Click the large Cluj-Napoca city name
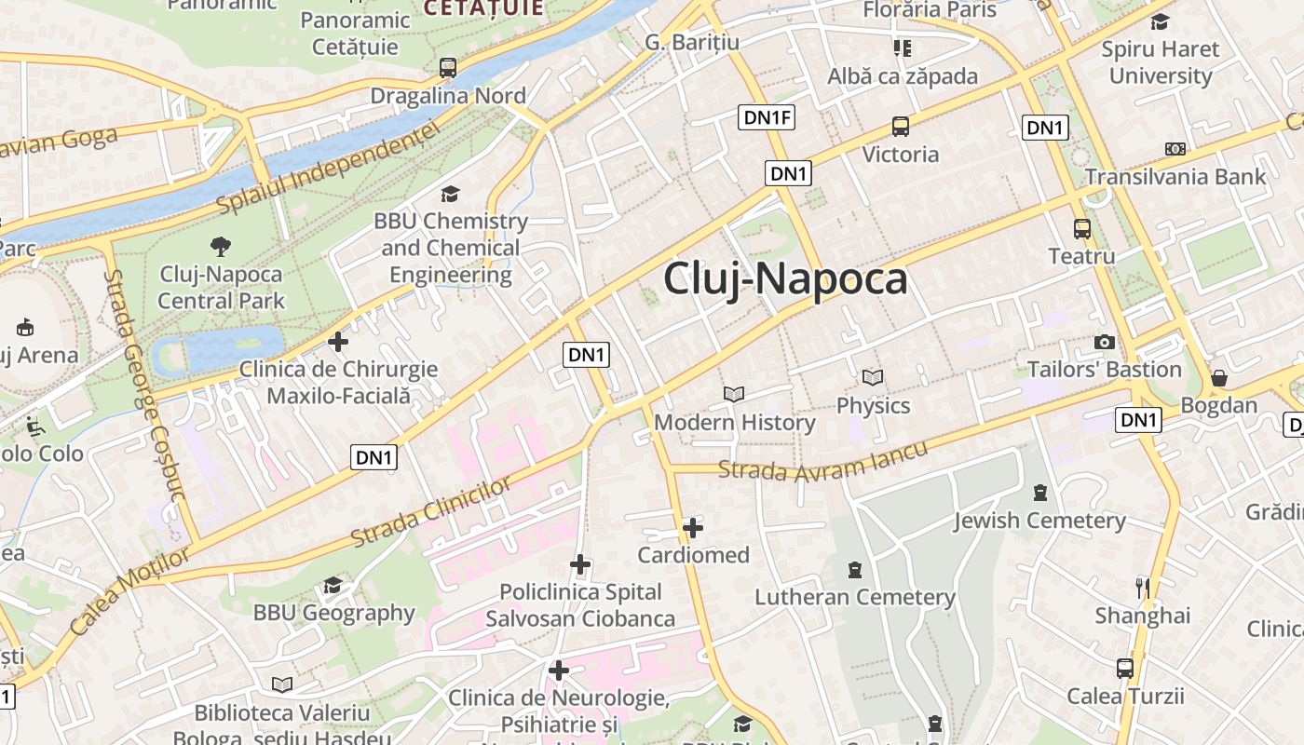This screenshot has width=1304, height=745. tap(784, 279)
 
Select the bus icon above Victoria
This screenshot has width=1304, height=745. tap(900, 127)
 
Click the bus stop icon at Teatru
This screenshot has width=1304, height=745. tap(1081, 228)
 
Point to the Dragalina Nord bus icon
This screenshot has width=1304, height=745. tap(448, 68)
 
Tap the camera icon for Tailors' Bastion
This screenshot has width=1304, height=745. tap(1105, 342)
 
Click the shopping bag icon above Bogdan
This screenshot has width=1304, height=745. tap(1218, 378)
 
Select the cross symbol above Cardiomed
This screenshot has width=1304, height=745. tap(693, 528)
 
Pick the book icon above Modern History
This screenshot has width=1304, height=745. tap(734, 394)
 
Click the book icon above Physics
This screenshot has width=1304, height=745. tap(873, 377)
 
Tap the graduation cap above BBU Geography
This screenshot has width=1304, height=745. tap(333, 585)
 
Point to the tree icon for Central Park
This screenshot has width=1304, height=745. tap(221, 247)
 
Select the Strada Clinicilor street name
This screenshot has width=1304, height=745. tap(431, 513)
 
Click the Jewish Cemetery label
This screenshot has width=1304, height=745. tap(1039, 520)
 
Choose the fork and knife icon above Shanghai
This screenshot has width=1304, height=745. tap(1142, 588)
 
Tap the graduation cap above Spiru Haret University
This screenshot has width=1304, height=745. tap(1160, 21)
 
